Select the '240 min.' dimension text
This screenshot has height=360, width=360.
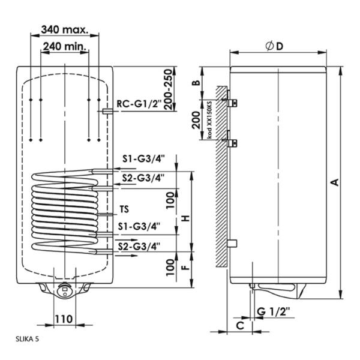65,46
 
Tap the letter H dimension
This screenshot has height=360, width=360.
187,218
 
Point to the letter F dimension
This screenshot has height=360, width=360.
187,266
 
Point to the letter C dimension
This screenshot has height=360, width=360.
239,326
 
